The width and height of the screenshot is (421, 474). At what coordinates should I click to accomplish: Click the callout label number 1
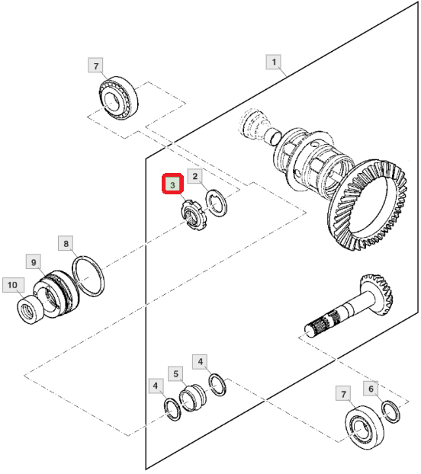pyautogui.click(x=273, y=62)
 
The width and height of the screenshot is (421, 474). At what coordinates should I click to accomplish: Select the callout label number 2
pyautogui.click(x=195, y=176)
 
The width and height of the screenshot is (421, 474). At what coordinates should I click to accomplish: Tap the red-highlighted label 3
pyautogui.click(x=172, y=184)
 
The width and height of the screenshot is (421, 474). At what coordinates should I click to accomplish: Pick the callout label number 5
pyautogui.click(x=175, y=373)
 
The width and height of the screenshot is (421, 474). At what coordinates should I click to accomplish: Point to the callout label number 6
pyautogui.click(x=371, y=388)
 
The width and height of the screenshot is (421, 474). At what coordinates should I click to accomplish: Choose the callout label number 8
pyautogui.click(x=66, y=243)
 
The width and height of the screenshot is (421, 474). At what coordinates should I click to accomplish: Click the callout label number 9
pyautogui.click(x=34, y=262)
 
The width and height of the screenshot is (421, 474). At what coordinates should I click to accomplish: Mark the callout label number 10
pyautogui.click(x=13, y=285)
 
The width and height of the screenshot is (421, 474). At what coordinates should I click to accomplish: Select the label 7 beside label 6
pyautogui.click(x=343, y=393)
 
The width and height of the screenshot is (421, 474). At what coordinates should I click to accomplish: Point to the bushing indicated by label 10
pyautogui.click(x=31, y=310)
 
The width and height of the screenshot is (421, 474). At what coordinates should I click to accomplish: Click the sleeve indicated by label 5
pyautogui.click(x=193, y=398)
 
